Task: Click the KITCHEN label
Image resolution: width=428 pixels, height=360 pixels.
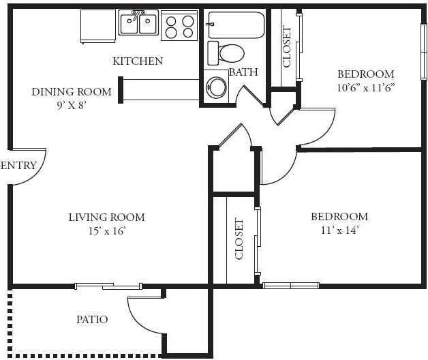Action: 138,61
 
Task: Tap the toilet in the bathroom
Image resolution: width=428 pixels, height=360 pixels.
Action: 226,53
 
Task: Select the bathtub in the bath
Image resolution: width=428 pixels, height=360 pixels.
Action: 236,25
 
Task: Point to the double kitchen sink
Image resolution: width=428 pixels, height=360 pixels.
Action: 138,22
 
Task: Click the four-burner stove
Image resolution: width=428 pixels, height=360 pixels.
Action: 179,26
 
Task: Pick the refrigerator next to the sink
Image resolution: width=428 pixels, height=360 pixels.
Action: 98,26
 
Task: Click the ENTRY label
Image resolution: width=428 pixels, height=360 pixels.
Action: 18,165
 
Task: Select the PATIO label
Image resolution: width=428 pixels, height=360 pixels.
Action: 92,319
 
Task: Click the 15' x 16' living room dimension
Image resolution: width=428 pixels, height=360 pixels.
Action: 107,231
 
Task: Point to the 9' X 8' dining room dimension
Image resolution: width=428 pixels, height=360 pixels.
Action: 72,105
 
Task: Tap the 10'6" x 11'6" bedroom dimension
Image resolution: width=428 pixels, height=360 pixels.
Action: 366,88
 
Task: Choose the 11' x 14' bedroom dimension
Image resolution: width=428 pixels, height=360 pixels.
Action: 339,230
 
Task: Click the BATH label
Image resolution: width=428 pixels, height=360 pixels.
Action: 243,72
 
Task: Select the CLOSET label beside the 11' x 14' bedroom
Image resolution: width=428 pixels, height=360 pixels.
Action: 239,239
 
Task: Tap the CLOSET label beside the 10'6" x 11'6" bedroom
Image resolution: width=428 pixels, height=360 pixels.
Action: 287,46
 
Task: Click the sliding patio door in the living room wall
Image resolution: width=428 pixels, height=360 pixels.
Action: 108,286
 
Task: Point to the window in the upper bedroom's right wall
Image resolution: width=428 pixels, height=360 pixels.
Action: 424,52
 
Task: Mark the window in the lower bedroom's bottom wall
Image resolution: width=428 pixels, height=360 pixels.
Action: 291,286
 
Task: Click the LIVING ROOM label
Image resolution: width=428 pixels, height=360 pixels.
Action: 107,217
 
